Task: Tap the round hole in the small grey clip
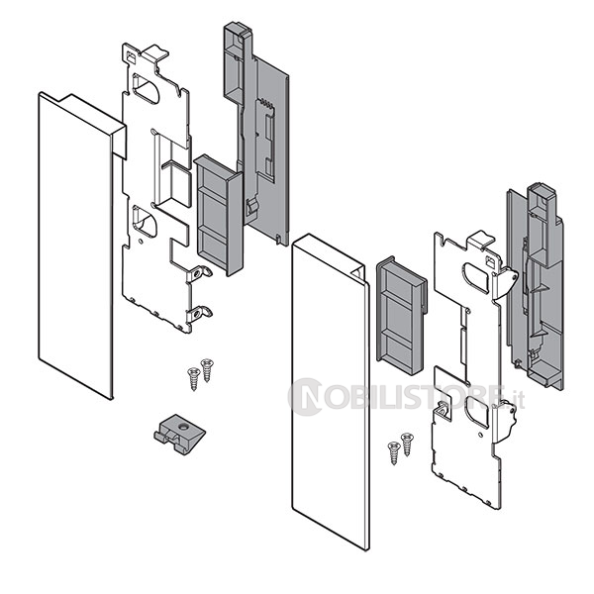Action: tap(183, 428)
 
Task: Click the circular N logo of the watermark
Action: tap(306, 397)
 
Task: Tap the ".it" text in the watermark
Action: tap(517, 400)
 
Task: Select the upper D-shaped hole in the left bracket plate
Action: tap(145, 89)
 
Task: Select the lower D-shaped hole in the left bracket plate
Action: tap(144, 220)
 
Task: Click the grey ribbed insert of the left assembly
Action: tap(218, 215)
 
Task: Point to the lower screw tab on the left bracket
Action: tap(199, 314)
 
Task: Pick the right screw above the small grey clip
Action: tap(207, 370)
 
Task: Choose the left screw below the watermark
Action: tap(394, 453)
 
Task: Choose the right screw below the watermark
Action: tap(407, 445)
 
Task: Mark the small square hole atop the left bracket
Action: tap(131, 57)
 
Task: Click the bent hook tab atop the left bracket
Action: tap(156, 52)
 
